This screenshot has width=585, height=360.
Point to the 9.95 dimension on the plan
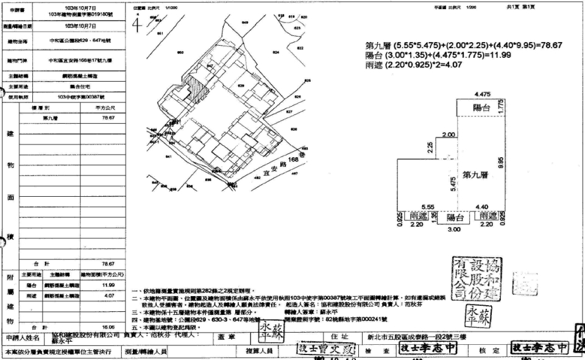(x=500, y=163)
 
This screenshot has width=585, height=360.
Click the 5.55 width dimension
(x=427, y=207)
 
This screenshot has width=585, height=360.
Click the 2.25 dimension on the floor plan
(x=430, y=147)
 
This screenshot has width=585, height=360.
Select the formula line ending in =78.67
(x=463, y=46)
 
